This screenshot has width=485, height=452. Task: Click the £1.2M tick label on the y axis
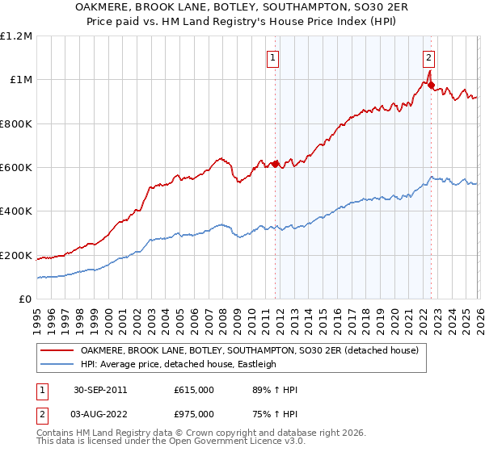click(16, 36)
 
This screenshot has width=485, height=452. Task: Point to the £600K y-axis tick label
click(16, 168)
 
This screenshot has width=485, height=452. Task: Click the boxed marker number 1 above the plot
click(273, 57)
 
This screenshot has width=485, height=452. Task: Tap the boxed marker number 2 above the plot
click(428, 57)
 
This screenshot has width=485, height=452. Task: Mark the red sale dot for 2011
click(276, 164)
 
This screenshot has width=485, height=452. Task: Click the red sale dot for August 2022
click(431, 85)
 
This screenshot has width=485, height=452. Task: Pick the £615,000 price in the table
click(194, 390)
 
